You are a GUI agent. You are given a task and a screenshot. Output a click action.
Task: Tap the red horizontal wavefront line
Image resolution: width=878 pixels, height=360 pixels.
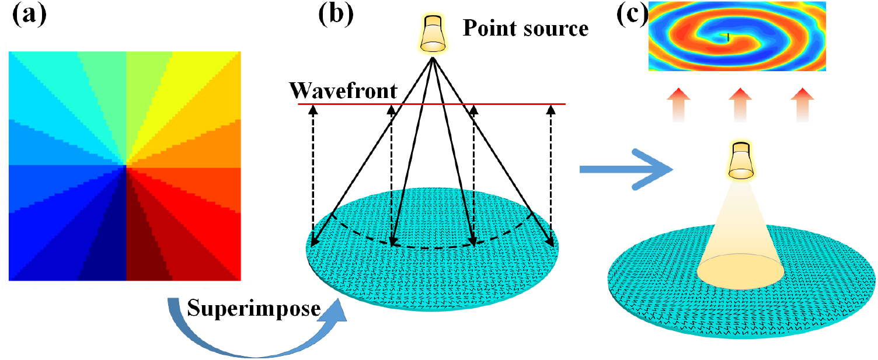point(432,104)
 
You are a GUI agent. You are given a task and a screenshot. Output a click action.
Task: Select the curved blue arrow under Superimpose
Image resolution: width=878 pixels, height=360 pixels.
point(257,335)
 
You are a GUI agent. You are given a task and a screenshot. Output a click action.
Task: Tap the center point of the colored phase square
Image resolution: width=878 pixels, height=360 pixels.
point(125,166)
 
